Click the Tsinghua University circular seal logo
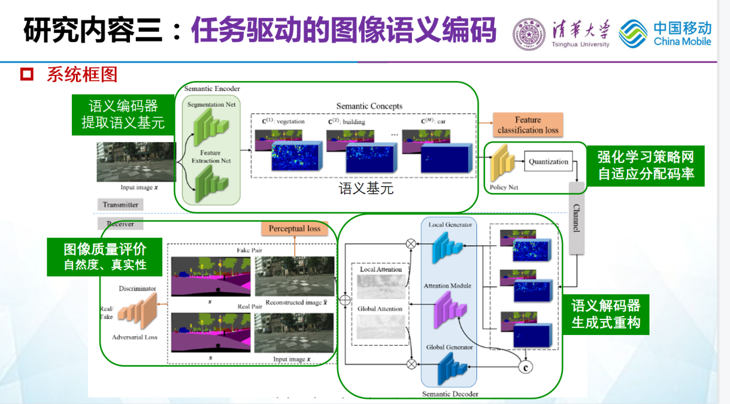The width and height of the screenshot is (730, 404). coord(529,34)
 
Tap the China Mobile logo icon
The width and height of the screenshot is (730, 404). coord(633,33)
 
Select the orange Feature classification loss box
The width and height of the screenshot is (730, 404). coord(528,125)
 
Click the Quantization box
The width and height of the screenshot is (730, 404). coord(548,162)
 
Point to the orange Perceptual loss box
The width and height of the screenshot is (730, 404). coord(295,228)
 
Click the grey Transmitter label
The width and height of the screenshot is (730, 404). coord(120,204)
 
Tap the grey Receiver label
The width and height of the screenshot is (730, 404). coord(120,224)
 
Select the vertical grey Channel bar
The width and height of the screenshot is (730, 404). coord(576,219)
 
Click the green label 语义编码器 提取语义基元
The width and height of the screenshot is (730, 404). coord(123,115)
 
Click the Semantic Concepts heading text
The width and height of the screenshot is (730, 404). coord(369,106)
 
